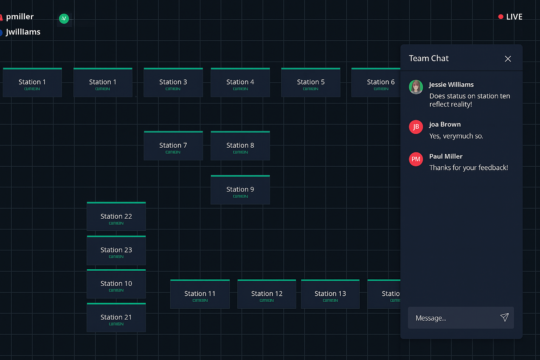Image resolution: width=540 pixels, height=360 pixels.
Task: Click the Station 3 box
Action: pyautogui.click(x=173, y=83)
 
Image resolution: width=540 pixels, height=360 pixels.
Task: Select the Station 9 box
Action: pyautogui.click(x=240, y=190)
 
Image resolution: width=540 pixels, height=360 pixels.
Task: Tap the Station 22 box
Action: pyautogui.click(x=116, y=217)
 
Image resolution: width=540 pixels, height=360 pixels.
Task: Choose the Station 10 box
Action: pyautogui.click(x=116, y=284)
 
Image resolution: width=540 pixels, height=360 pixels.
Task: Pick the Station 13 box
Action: pyautogui.click(x=330, y=294)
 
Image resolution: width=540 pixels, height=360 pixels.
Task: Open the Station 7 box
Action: pyautogui.click(x=173, y=146)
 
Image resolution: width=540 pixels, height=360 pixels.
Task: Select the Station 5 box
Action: pyautogui.click(x=310, y=83)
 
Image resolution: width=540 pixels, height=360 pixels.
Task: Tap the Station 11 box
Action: pyautogui.click(x=200, y=294)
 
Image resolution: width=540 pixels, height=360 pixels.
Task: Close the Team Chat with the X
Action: pyautogui.click(x=508, y=59)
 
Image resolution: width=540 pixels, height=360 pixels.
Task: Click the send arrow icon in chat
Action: pyautogui.click(x=504, y=317)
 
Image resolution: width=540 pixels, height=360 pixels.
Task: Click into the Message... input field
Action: pyautogui.click(x=454, y=318)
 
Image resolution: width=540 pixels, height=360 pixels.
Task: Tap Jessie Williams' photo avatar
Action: pyautogui.click(x=416, y=87)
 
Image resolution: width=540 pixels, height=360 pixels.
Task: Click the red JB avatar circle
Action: pyautogui.click(x=416, y=127)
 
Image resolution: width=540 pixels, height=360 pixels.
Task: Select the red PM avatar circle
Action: pyautogui.click(x=416, y=159)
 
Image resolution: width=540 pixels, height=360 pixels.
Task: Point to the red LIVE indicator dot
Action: pyautogui.click(x=501, y=17)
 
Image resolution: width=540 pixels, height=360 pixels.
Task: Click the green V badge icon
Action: pyautogui.click(x=64, y=19)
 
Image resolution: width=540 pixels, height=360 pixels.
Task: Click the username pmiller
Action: pyautogui.click(x=20, y=17)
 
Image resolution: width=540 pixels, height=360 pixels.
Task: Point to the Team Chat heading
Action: pyautogui.click(x=429, y=58)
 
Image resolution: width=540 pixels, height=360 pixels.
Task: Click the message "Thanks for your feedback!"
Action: pyautogui.click(x=468, y=168)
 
